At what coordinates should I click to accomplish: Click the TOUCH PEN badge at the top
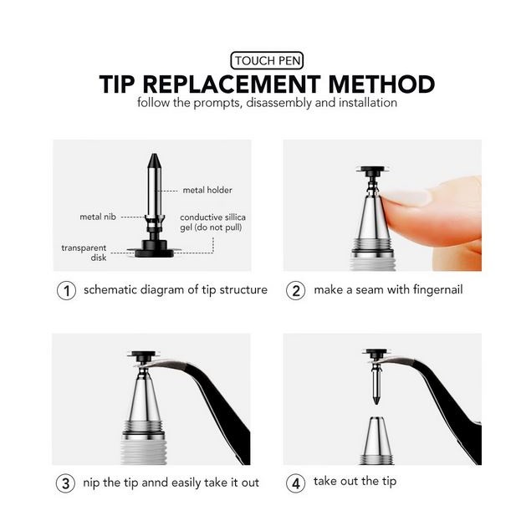pos(267,60)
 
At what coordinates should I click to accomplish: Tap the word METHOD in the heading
pos(381,84)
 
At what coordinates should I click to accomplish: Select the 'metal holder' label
pos(207,190)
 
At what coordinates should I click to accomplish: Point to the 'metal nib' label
pos(98,217)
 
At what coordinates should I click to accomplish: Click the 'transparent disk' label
pos(84,253)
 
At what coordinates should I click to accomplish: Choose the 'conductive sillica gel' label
pos(212,222)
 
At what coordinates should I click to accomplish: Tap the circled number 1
pos(66,290)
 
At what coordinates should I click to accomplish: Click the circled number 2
pos(295,290)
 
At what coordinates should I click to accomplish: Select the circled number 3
pos(66,483)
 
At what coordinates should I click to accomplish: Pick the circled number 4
pos(295,483)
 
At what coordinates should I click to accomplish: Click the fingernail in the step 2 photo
pos(405,197)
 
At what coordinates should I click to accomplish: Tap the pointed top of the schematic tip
pos(154,154)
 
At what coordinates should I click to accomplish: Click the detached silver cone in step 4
pos(376,440)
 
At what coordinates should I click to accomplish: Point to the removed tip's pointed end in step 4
pos(376,404)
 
